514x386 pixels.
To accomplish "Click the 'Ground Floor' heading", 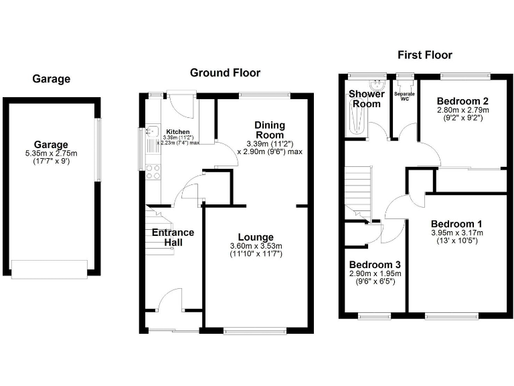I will [x=225, y=72].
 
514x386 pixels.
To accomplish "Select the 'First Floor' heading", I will [x=424, y=55].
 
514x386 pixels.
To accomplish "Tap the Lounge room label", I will [x=255, y=237].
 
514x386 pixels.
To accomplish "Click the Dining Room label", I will [x=270, y=130].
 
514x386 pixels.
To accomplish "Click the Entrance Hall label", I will [x=173, y=237].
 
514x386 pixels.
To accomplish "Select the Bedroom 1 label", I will [x=456, y=223].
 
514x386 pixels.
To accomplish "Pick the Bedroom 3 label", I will [x=374, y=264].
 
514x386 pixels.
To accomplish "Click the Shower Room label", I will [x=366, y=99].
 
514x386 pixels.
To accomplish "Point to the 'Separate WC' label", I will [x=404, y=95].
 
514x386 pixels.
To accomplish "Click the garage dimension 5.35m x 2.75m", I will [x=52, y=153].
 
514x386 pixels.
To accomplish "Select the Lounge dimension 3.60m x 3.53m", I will [x=255, y=246].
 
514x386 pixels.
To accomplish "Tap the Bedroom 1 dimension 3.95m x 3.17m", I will [x=456, y=233].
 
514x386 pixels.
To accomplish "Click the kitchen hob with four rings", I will [x=152, y=171].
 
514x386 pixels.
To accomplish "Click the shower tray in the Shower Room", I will [x=355, y=121].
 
